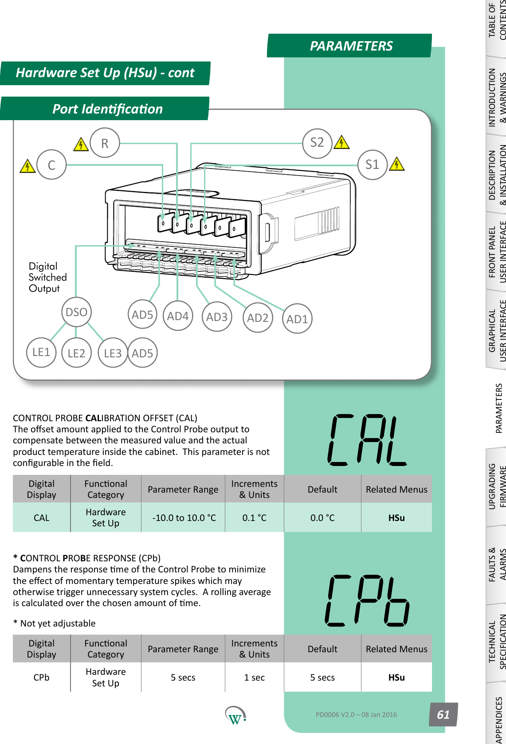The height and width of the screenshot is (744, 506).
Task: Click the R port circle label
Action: point(105,143)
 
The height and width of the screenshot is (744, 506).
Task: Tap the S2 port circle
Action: point(317,143)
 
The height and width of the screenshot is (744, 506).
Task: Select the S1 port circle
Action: point(373,165)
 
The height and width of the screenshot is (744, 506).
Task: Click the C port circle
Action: point(51,165)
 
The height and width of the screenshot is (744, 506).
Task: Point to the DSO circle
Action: point(76,312)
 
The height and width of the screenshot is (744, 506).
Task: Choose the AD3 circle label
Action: point(217,317)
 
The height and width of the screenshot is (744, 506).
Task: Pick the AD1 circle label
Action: point(297,319)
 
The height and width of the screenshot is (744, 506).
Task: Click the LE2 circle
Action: point(76,353)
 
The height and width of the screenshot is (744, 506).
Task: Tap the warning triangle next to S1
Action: point(397,164)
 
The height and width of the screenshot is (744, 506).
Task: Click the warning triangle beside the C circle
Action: point(28,166)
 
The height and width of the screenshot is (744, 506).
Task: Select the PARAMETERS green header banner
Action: point(350,46)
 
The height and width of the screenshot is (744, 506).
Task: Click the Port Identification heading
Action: point(107,109)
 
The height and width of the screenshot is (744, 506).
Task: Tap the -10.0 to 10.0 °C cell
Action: point(184,518)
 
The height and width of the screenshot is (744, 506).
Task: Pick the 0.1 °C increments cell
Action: point(254,518)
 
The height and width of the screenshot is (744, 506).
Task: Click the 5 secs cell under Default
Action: point(322,677)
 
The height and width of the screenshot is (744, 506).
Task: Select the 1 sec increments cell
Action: point(254,677)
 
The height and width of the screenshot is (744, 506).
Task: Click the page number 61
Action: point(443,714)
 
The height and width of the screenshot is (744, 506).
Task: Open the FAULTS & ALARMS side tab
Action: point(496,564)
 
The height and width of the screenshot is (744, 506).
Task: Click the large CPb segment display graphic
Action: point(367,601)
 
